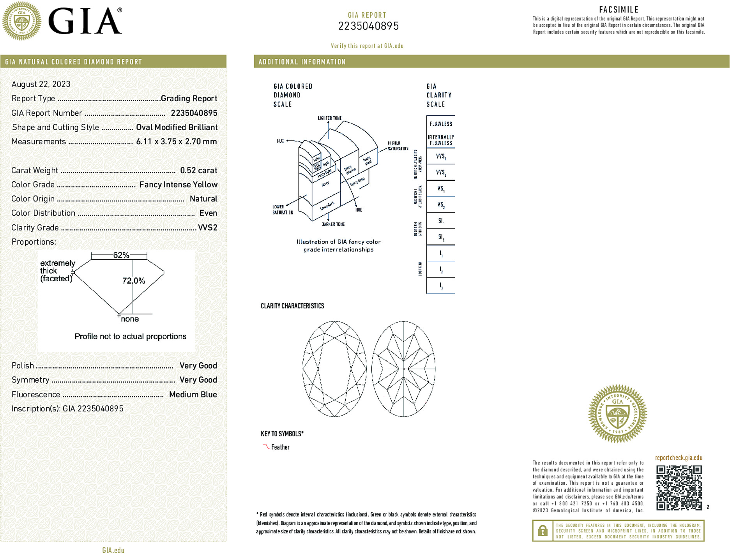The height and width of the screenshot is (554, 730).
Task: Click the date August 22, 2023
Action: pyautogui.click(x=41, y=84)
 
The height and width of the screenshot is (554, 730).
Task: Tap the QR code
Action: pyautogui.click(x=679, y=487)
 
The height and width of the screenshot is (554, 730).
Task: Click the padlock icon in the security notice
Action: pyautogui.click(x=543, y=531)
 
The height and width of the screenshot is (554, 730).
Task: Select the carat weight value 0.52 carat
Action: pyautogui.click(x=198, y=170)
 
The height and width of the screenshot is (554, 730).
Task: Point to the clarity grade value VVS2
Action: pyautogui.click(x=207, y=228)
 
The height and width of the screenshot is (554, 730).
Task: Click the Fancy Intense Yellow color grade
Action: pyautogui.click(x=178, y=185)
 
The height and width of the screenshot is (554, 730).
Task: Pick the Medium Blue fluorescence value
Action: pyautogui.click(x=193, y=394)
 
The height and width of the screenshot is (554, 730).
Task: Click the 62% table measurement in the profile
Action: pyautogui.click(x=121, y=255)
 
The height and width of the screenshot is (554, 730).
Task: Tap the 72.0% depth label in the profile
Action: pyautogui.click(x=134, y=281)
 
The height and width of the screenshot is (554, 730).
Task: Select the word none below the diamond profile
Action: pyautogui.click(x=130, y=319)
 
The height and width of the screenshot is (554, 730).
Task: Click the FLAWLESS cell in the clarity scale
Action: pyautogui.click(x=441, y=124)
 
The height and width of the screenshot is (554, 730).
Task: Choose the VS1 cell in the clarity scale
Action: pyautogui.click(x=441, y=189)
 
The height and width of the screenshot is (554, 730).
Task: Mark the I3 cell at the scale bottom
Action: pyautogui.click(x=441, y=286)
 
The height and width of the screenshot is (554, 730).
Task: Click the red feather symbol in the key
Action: pyautogui.click(x=266, y=446)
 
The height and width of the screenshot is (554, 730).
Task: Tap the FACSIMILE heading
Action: pyautogui.click(x=619, y=10)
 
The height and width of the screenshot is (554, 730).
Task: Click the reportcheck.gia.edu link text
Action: pyautogui.click(x=679, y=458)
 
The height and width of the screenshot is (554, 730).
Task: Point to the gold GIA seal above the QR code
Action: pyautogui.click(x=617, y=413)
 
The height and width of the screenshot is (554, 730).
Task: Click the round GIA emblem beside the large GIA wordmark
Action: pyautogui.click(x=22, y=21)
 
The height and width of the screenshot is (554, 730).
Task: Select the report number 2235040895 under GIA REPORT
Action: pyautogui.click(x=368, y=26)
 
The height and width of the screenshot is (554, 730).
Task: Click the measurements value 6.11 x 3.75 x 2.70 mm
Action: pyautogui.click(x=176, y=141)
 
